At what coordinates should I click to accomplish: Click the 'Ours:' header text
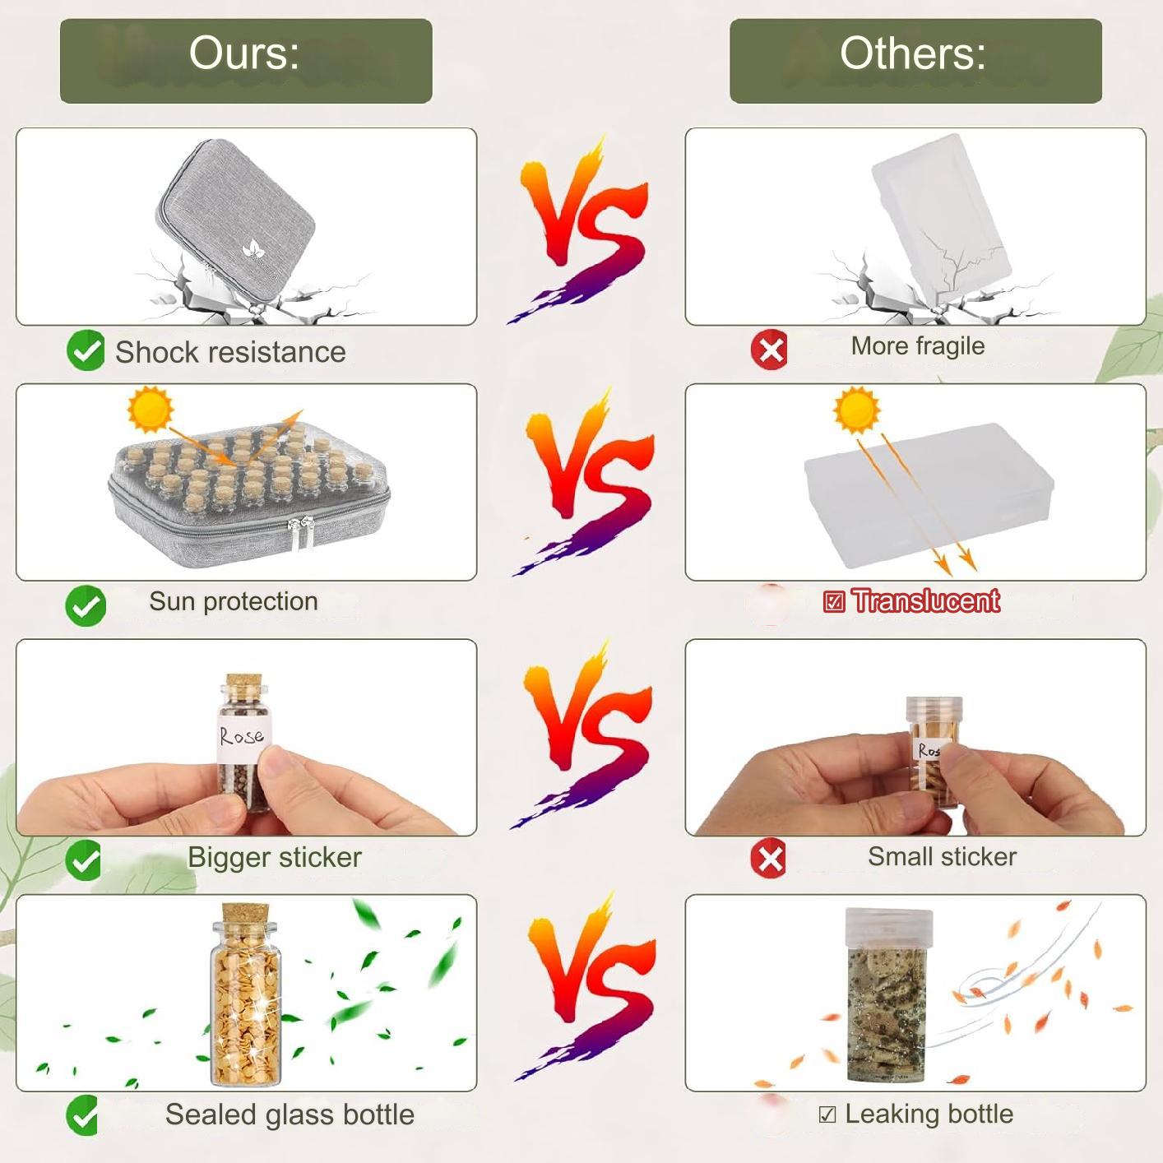(x=243, y=53)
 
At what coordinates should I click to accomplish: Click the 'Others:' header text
(x=912, y=53)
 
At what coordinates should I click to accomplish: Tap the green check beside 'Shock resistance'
(x=86, y=350)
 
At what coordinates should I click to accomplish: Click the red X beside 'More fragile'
(x=769, y=350)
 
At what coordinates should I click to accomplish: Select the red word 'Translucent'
(x=925, y=601)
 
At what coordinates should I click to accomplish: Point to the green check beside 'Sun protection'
(x=86, y=605)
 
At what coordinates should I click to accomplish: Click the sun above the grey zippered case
(x=151, y=410)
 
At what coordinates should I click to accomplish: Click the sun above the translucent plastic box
(x=856, y=410)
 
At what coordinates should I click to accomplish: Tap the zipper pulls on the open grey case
(x=302, y=531)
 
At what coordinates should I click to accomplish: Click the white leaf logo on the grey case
(x=253, y=248)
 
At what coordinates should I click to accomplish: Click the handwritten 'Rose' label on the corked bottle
(x=243, y=735)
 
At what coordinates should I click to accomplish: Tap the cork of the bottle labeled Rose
(x=243, y=685)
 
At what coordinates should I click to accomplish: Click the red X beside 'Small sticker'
(x=769, y=858)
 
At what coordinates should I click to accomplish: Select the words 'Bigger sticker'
(x=275, y=857)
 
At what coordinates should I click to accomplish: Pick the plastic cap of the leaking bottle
(x=889, y=929)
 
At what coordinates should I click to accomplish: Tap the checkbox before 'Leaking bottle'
(x=827, y=1114)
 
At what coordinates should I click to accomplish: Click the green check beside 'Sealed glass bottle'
(x=83, y=1115)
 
